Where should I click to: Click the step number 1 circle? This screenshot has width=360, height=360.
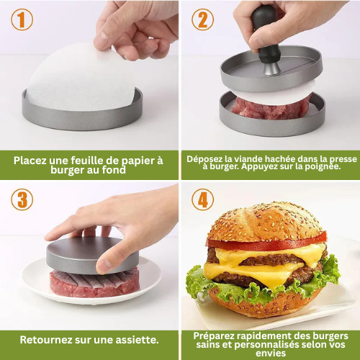(x=22, y=20)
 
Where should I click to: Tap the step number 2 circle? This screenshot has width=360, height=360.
(x=202, y=20)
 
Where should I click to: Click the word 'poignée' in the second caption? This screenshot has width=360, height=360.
(x=320, y=167)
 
